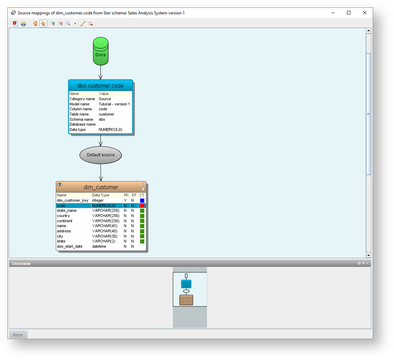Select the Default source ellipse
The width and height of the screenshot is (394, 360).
(x=101, y=155)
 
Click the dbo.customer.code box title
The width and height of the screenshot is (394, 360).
(x=101, y=86)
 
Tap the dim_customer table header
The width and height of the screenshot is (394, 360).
(x=101, y=187)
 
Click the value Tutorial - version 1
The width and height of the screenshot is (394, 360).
(x=114, y=104)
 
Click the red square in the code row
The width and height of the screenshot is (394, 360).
(x=142, y=205)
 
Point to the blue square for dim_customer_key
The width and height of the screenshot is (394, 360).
(x=142, y=200)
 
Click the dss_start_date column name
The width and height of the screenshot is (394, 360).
(x=70, y=246)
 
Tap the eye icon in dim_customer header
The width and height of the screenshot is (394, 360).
(x=60, y=185)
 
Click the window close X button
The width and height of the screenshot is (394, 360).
(x=365, y=13)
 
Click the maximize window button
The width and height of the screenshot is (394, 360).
(x=349, y=13)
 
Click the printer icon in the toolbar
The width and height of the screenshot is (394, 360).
(x=24, y=24)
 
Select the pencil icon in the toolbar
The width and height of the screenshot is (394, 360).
(x=83, y=24)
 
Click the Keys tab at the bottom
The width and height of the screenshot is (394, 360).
(x=18, y=335)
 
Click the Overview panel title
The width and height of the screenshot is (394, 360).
(x=21, y=264)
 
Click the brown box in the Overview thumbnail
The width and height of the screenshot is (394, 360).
(x=186, y=300)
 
